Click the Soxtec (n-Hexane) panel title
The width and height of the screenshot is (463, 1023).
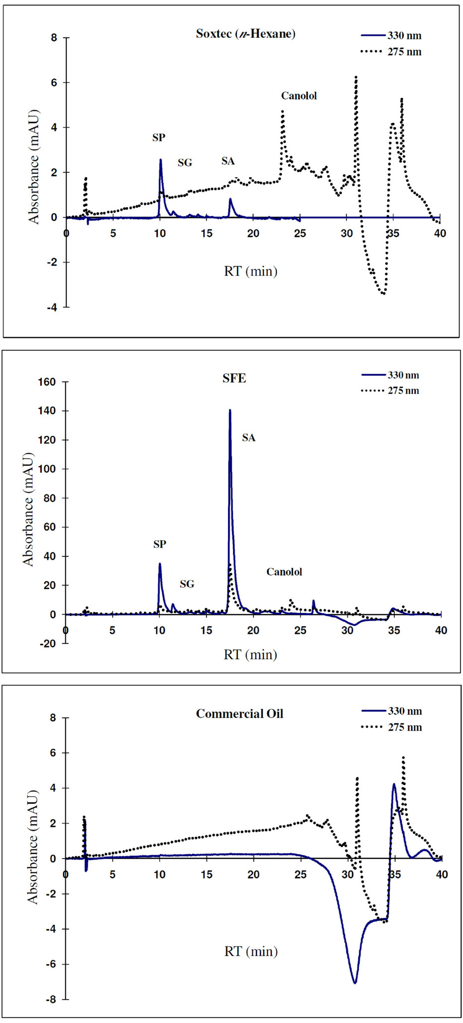point(245,34)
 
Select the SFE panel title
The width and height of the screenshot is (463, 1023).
point(234,378)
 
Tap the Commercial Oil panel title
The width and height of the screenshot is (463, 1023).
point(239,714)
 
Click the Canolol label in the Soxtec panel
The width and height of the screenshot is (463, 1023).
point(299,96)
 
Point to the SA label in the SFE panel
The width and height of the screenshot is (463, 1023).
point(248,437)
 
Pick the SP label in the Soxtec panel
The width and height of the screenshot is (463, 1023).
point(159,137)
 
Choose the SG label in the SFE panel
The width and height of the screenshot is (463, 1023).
point(187,584)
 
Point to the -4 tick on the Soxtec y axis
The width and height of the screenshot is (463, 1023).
point(51,307)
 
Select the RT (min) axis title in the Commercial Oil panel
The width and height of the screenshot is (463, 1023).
point(250,951)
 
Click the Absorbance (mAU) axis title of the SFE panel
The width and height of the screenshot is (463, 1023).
point(28,509)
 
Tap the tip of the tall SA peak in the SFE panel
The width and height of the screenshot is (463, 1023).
point(230,410)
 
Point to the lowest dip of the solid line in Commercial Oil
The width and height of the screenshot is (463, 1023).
point(355,983)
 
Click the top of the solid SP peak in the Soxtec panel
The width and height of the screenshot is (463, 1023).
point(160,160)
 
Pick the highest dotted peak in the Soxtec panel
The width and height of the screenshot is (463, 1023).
point(356,77)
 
